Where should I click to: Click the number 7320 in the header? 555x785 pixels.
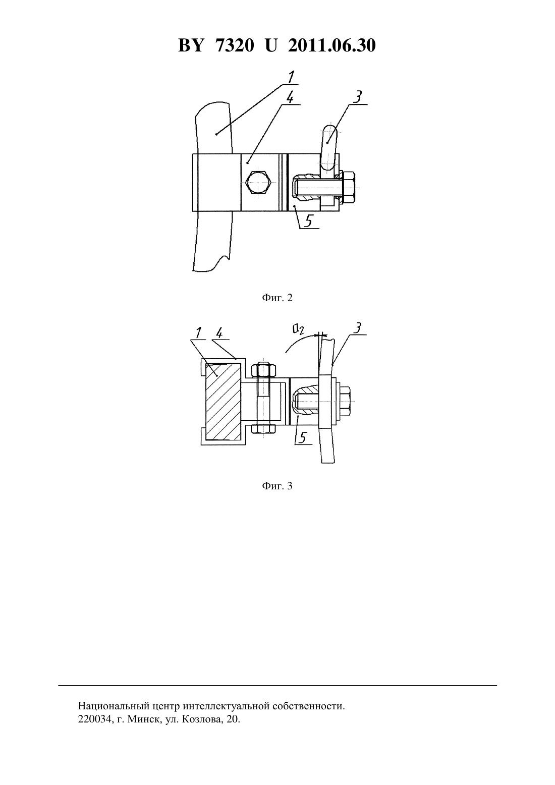[x=235, y=46]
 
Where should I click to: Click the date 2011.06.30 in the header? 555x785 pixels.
[x=332, y=46]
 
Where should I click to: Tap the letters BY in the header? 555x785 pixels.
[x=191, y=46]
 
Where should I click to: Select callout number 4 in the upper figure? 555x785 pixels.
[x=289, y=97]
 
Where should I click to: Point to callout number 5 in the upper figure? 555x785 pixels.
[x=308, y=221]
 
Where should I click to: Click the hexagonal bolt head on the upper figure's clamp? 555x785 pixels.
[x=258, y=182]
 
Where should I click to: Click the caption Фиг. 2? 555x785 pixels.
[x=277, y=298]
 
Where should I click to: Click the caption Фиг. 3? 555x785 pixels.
[x=277, y=486]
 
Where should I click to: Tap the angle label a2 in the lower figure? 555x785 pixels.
[x=298, y=329]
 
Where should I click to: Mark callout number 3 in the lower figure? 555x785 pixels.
[x=356, y=328]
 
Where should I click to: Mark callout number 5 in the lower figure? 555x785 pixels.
[x=303, y=438]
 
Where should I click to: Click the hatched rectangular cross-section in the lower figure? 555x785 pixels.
[x=223, y=402]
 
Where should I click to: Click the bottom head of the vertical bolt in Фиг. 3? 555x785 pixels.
[x=263, y=429]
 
